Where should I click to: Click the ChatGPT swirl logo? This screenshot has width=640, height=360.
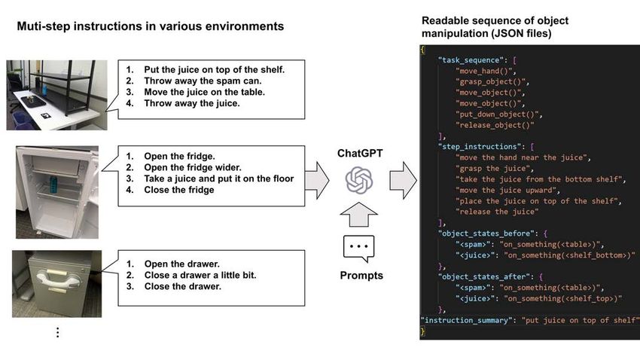click(359, 180)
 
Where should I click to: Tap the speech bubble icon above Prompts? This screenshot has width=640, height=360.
click(358, 249)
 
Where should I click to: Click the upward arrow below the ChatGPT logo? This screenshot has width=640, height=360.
click(358, 215)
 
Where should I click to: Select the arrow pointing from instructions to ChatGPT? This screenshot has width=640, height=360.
click(317, 181)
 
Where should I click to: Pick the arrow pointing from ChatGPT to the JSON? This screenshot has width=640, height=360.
click(403, 181)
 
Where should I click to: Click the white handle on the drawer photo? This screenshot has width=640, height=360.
click(58, 280)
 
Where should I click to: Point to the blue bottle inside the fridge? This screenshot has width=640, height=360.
click(53, 184)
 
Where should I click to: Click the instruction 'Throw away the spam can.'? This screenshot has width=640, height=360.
click(203, 81)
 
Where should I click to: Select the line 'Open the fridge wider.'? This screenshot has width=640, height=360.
click(192, 167)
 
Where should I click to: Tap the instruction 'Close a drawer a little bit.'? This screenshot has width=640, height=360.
click(200, 275)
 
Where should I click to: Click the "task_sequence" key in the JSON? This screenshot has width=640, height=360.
click(471, 60)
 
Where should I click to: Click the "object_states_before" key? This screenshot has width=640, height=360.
click(486, 233)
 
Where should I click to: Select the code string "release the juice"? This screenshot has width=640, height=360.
click(497, 212)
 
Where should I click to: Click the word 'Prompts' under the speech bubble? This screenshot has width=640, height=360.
click(361, 276)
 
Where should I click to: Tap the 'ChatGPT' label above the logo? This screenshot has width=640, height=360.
click(360, 154)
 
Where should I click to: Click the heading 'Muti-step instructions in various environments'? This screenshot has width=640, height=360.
click(150, 26)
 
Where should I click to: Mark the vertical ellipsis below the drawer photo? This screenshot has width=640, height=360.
click(57, 332)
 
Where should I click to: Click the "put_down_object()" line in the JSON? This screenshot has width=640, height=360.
click(497, 114)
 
